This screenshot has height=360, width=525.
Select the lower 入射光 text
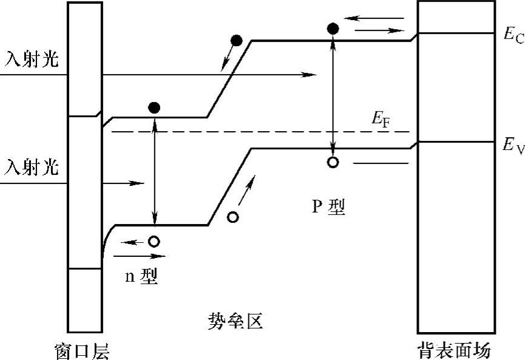tap(32, 166)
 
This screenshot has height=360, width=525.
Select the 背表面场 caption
tap(454, 350)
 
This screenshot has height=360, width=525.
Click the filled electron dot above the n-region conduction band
tap(154, 108)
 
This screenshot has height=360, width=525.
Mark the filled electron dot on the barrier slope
tap(237, 41)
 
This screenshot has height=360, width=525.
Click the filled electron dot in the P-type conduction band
tap(333, 28)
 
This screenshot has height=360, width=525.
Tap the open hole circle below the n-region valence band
tap(154, 242)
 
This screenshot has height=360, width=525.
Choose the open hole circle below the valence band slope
tap(232, 217)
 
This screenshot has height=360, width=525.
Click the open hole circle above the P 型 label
tap(333, 162)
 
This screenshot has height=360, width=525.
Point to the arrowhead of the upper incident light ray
tap(311, 75)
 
